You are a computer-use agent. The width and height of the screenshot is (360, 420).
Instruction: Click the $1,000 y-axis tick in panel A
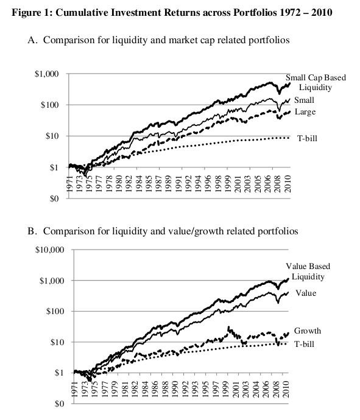[x=49, y=74]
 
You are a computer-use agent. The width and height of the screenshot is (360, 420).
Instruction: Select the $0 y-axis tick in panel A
[x=54, y=198]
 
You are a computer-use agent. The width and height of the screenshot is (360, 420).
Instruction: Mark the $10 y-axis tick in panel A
[x=52, y=136]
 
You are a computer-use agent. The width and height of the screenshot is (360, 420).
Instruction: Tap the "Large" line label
[x=305, y=112]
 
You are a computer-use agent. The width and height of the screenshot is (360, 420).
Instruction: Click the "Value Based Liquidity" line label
[x=311, y=271]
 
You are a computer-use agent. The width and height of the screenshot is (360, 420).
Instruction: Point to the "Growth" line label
[x=308, y=331]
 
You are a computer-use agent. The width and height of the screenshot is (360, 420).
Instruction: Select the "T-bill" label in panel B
[x=306, y=345]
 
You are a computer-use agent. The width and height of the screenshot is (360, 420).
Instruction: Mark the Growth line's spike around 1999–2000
[x=228, y=328]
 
